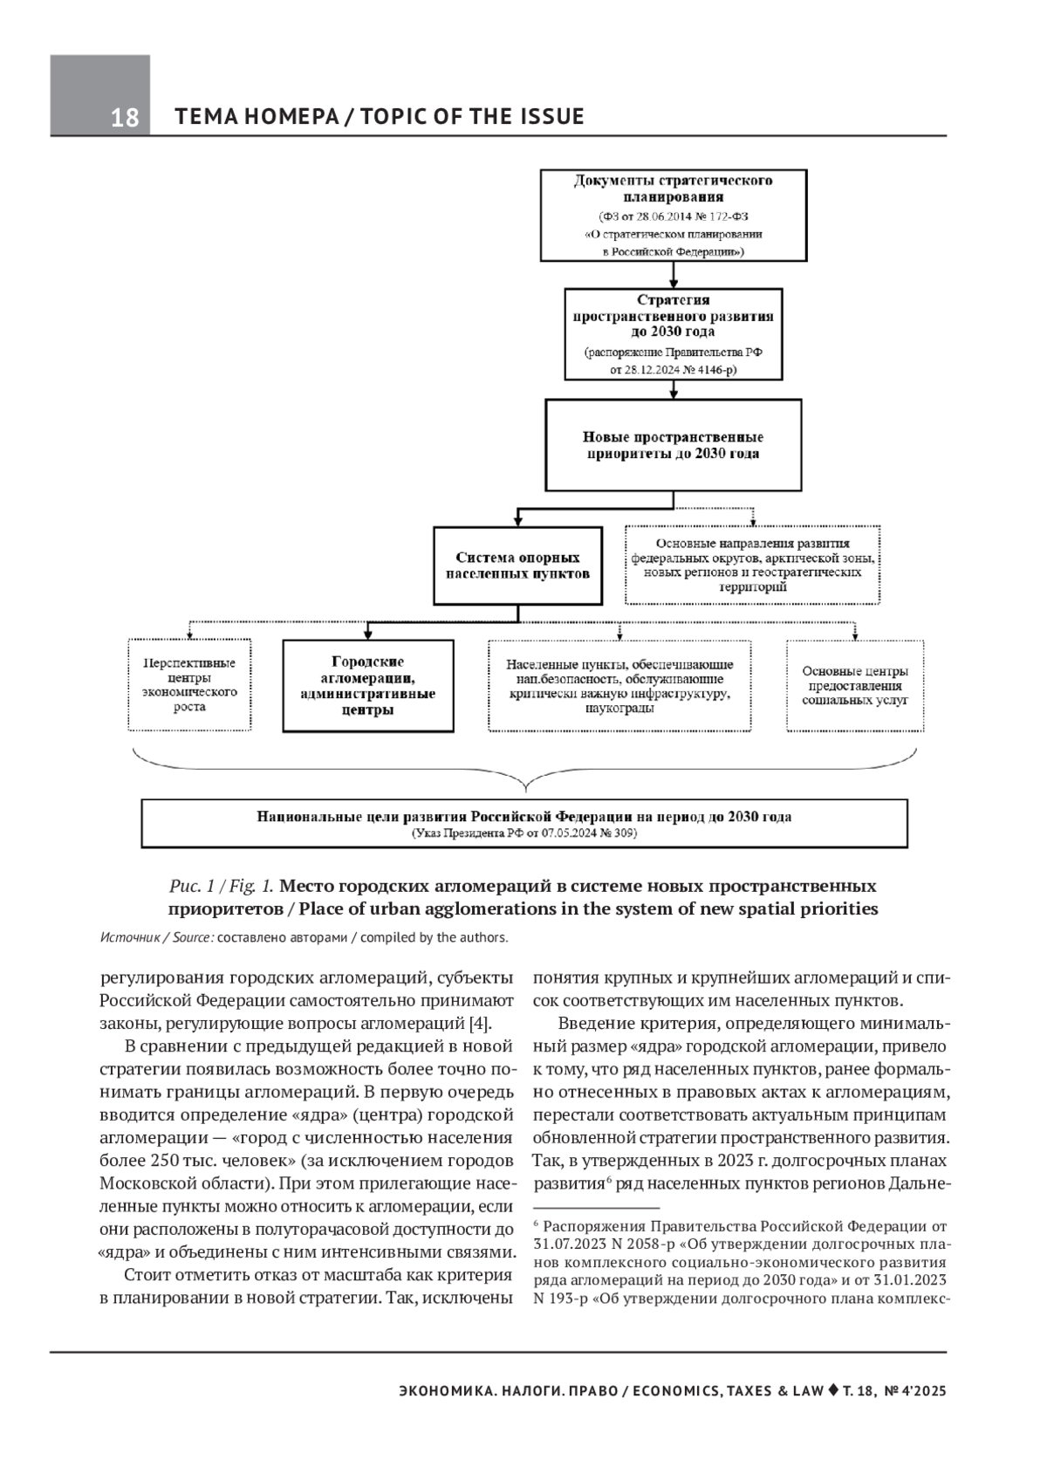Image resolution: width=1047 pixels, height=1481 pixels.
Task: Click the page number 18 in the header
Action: (125, 118)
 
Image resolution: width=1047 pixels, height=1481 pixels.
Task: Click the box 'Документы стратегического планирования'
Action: (673, 216)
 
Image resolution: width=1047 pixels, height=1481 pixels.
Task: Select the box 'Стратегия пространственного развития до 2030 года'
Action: (673, 334)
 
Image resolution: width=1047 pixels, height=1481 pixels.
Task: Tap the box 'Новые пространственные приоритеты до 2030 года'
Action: (673, 445)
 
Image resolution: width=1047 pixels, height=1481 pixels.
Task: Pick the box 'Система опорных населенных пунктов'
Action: (517, 566)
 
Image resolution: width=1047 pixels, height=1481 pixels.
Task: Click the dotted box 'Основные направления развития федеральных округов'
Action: (752, 566)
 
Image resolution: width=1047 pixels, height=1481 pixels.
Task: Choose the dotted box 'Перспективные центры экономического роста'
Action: (189, 685)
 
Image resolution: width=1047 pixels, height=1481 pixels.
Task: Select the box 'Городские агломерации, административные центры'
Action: (368, 685)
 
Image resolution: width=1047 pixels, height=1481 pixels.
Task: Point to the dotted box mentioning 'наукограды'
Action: (619, 685)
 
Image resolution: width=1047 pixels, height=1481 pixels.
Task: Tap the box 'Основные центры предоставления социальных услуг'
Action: (855, 685)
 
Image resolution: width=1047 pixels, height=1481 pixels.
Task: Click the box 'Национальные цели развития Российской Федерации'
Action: (523, 823)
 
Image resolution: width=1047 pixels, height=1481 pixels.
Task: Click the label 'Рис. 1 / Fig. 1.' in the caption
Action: (222, 886)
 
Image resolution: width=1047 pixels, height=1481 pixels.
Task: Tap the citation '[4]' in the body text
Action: (480, 1024)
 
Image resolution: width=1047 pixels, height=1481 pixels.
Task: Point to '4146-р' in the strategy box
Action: (713, 370)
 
